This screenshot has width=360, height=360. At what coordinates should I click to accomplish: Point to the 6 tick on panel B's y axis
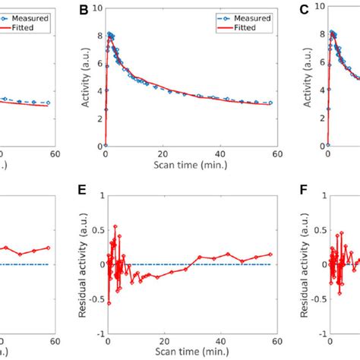(x=98, y=63)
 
